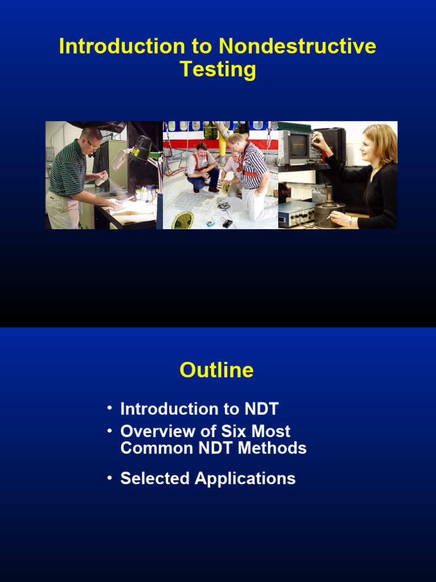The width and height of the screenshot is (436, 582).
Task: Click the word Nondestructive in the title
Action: click(297, 46)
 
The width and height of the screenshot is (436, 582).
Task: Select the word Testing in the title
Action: click(218, 69)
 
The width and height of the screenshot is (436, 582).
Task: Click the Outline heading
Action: click(217, 370)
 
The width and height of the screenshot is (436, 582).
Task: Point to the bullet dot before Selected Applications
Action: click(109, 478)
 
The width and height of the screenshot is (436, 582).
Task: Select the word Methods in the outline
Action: click(272, 448)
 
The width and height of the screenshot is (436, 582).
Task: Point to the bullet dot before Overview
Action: click(109, 430)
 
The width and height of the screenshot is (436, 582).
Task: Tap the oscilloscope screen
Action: click(299, 146)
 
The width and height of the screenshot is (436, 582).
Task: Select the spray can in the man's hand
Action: click(101, 180)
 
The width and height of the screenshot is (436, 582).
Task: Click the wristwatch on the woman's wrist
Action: click(350, 221)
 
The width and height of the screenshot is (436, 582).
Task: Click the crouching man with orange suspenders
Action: click(202, 166)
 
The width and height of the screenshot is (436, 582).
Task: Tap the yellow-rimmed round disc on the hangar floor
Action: click(182, 221)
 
